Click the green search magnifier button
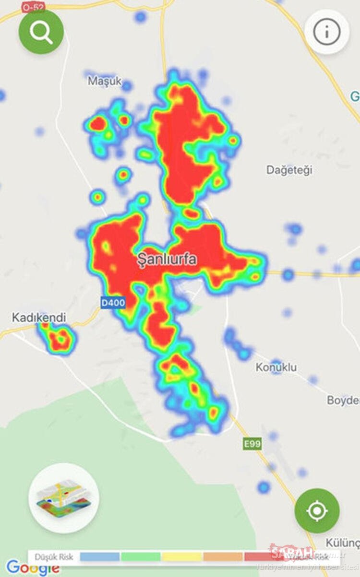[41, 32]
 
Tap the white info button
[326, 32]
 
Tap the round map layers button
[64, 497]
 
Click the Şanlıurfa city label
[167, 259]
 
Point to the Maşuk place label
[105, 81]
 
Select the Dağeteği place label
[289, 170]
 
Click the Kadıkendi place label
[39, 318]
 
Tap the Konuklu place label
[276, 367]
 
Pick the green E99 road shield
[252, 444]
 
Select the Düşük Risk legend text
[54, 557]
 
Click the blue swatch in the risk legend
[99, 557]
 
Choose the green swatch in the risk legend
[141, 557]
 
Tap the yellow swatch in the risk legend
[182, 557]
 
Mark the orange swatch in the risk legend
[223, 557]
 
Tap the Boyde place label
[343, 400]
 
